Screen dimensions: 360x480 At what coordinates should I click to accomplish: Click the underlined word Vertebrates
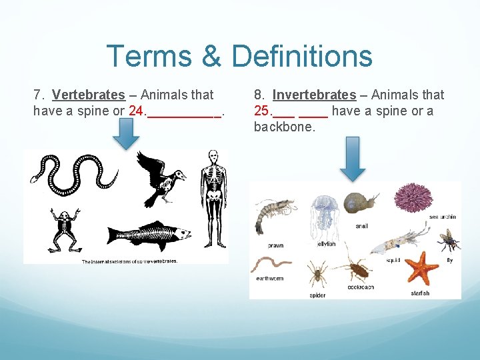pos(88,95)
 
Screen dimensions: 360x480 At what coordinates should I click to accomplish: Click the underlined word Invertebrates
pos(314,95)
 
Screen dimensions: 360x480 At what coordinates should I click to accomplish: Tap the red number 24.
pos(137,111)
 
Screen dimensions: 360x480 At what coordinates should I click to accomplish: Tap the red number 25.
pos(262,111)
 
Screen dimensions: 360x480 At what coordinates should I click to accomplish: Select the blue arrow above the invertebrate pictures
pos(353,158)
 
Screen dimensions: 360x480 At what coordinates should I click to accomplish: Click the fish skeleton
pos(149,235)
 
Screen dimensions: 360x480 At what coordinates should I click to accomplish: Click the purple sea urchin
pos(413,197)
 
